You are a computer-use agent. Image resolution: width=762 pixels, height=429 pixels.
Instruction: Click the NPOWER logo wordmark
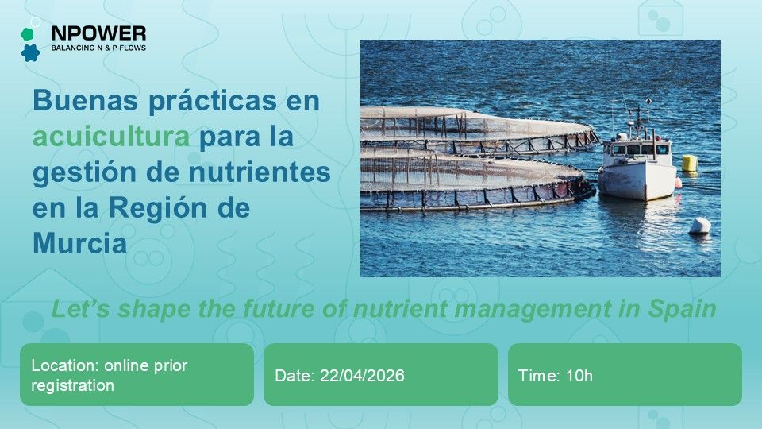[x=98, y=33]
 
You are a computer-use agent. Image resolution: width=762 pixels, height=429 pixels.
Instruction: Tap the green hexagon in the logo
[x=26, y=35]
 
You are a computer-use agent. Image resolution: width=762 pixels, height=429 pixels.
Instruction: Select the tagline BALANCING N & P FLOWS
[x=98, y=48]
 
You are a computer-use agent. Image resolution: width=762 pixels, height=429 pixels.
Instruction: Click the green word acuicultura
[x=111, y=137]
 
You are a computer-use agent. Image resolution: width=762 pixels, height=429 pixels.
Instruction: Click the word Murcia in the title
[x=79, y=243]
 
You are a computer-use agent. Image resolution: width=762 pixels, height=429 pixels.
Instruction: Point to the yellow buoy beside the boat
[x=690, y=163]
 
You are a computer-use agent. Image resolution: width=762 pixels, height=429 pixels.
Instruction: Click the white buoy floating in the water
[x=700, y=226]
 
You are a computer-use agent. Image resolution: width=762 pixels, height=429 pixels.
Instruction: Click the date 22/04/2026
[x=362, y=376]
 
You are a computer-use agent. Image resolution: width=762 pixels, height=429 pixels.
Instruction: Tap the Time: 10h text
[x=556, y=376]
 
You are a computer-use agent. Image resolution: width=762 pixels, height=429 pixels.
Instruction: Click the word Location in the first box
[x=59, y=366]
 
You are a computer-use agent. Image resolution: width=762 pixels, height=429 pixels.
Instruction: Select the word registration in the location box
[x=73, y=385]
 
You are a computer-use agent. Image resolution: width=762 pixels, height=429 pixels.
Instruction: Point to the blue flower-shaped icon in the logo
[x=30, y=53]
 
